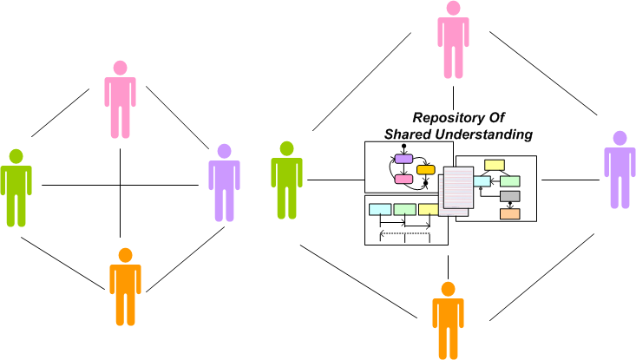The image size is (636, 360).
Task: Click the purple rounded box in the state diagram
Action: pos(403,159)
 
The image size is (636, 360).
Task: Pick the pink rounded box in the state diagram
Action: pos(403,180)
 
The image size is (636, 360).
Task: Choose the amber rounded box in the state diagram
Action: pos(425,170)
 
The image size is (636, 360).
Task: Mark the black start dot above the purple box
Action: pos(403,145)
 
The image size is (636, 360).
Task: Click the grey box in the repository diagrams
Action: pos(510,197)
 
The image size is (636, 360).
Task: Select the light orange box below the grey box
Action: pos(510,213)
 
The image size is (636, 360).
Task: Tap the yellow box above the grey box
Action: pos(495,165)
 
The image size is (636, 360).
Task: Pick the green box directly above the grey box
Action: pos(510,180)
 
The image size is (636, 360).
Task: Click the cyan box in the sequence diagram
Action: pos(380,209)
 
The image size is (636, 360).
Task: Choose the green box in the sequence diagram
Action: pos(404,209)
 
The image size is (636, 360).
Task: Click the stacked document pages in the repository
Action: pos(456,191)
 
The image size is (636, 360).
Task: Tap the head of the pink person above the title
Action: pos(453,8)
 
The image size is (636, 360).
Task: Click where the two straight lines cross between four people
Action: pos(121,185)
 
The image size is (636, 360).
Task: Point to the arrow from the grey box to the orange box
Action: pos(510,206)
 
